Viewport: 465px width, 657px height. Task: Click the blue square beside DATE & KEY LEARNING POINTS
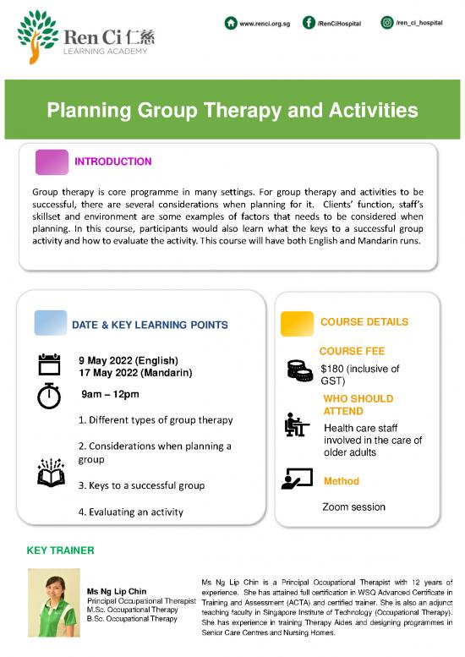tap(50, 323)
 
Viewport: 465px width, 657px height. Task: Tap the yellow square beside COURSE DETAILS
tap(297, 322)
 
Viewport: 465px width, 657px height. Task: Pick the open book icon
tap(51, 473)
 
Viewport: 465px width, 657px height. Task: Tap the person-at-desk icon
tap(297, 425)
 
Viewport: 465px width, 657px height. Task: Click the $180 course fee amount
tap(336, 369)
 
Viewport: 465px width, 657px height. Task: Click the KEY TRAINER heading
tap(61, 550)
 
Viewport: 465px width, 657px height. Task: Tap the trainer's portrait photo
tap(53, 601)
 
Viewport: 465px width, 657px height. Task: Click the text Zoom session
tap(353, 507)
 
